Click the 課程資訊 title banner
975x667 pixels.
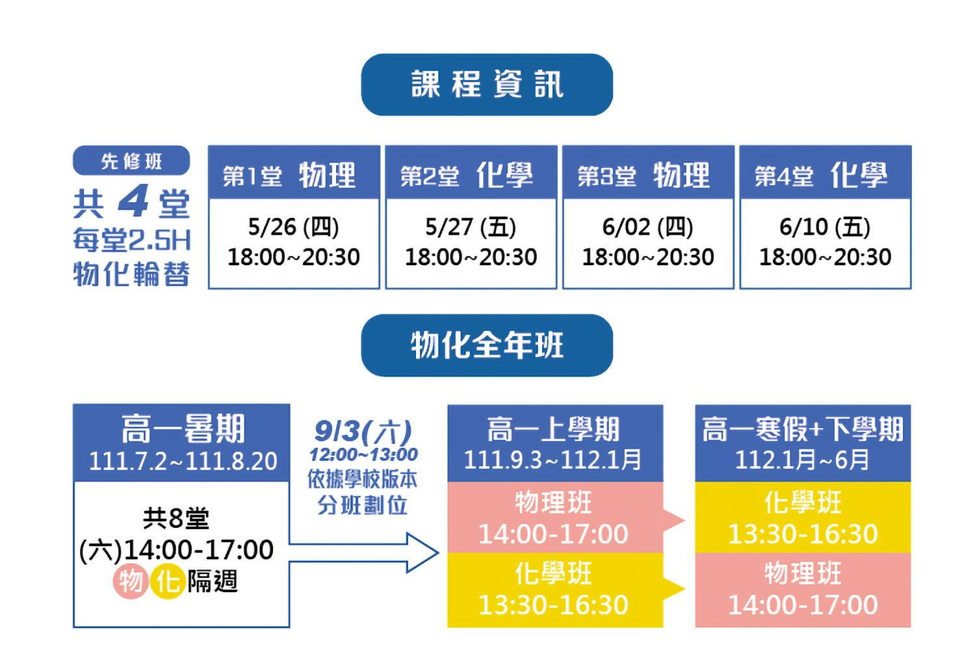point(487,85)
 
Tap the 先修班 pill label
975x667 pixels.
point(131,161)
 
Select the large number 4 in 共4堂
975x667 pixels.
point(134,201)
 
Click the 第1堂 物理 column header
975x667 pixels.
point(294,172)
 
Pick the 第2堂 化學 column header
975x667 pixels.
point(471,172)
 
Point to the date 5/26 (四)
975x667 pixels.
point(293,227)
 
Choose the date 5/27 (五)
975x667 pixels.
point(471,227)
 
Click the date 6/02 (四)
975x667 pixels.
point(647,227)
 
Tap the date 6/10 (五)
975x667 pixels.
point(825,227)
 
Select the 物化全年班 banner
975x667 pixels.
point(487,345)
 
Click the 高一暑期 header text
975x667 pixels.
point(183,428)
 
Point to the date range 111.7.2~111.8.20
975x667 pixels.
point(183,461)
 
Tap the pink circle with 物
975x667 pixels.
point(130,581)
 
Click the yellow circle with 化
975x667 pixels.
point(167,581)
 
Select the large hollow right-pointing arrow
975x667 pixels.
point(364,553)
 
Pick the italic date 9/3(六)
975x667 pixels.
point(363,432)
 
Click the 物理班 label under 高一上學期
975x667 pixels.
point(553,502)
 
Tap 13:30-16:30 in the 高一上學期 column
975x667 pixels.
point(553,605)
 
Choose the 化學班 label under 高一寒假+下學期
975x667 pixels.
point(803,502)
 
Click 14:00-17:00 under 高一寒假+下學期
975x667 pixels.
point(803,605)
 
